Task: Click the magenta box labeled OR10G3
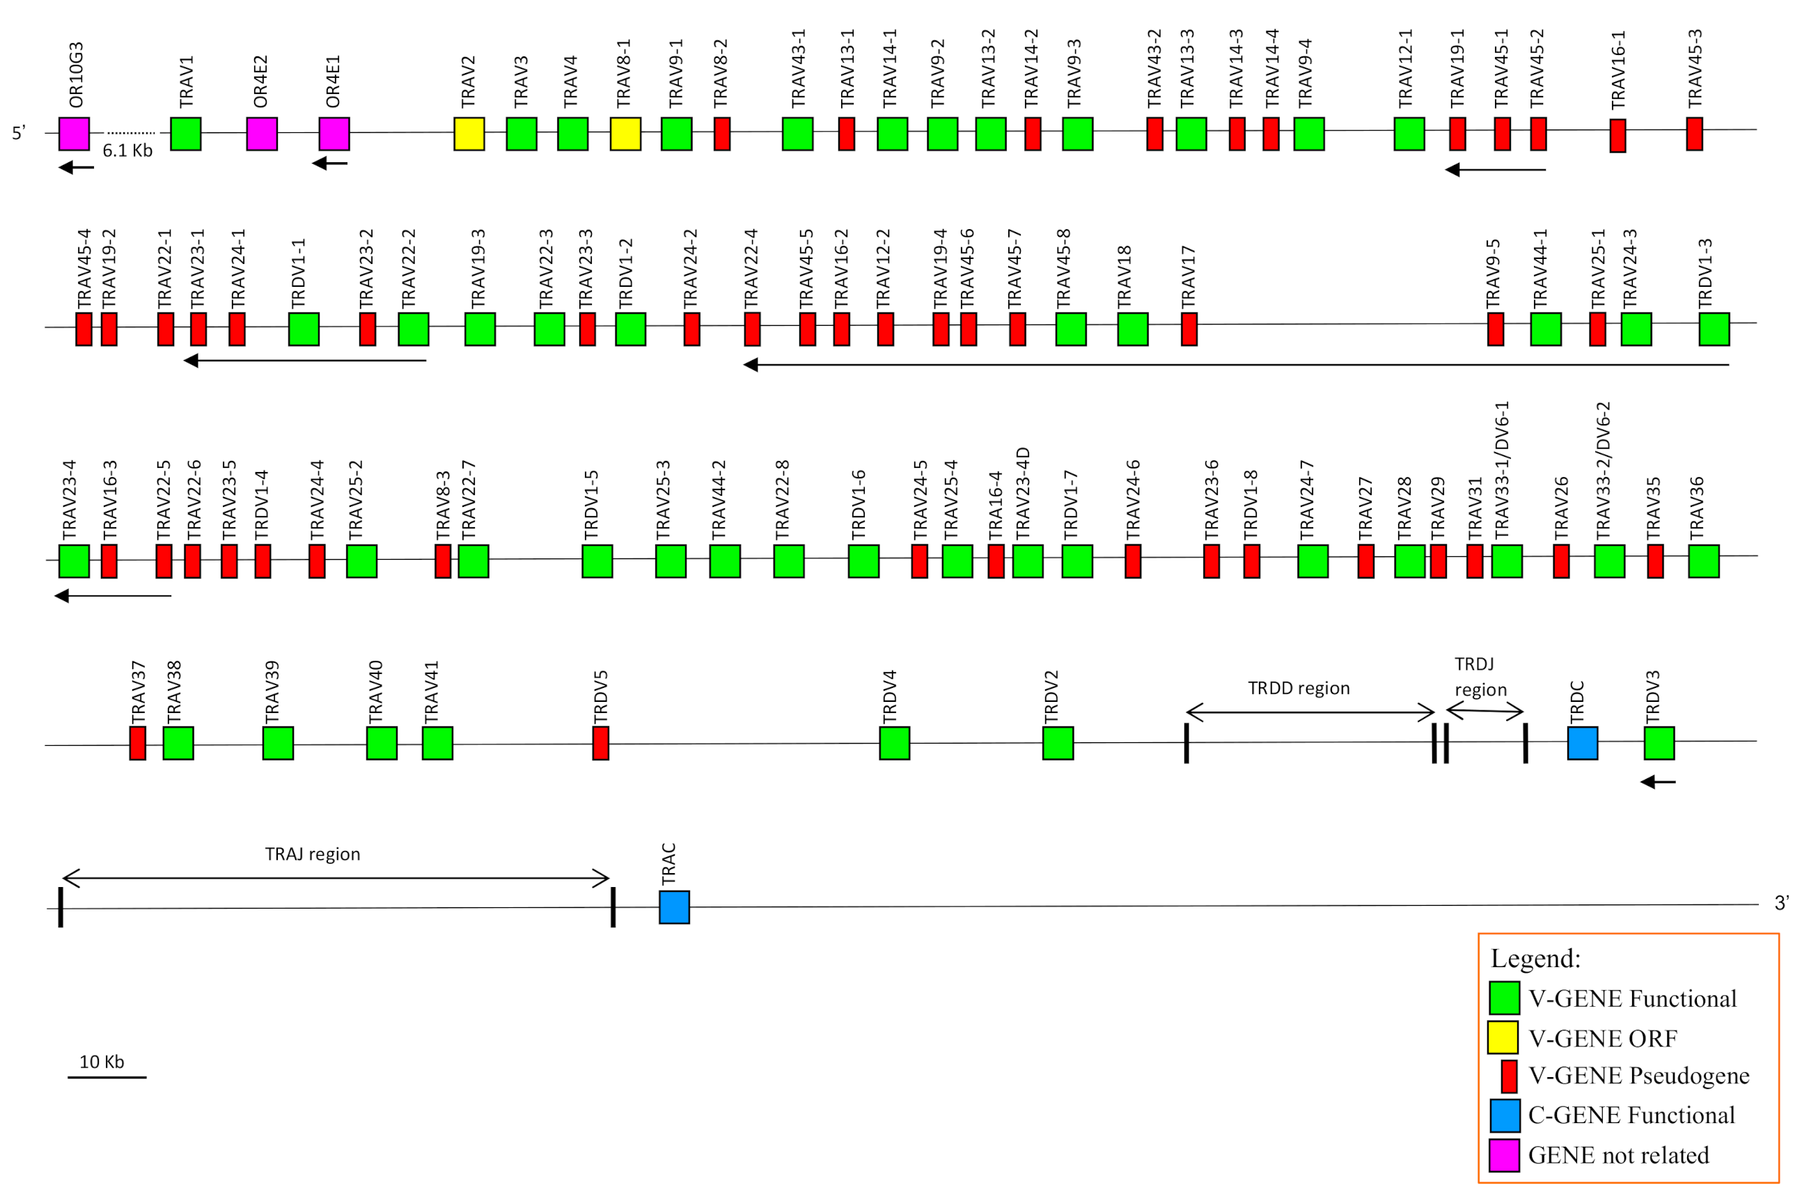pyautogui.click(x=75, y=134)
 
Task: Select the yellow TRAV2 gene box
pyautogui.click(x=469, y=134)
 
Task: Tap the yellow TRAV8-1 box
pyautogui.click(x=625, y=134)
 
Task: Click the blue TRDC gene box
pyautogui.click(x=1582, y=742)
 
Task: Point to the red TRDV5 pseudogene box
pyautogui.click(x=600, y=742)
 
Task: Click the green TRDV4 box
pyautogui.click(x=894, y=742)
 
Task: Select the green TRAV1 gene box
pyautogui.click(x=185, y=134)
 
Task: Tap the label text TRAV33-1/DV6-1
pyautogui.click(x=1502, y=469)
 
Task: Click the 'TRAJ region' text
pyautogui.click(x=312, y=854)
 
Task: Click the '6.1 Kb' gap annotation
pyautogui.click(x=127, y=150)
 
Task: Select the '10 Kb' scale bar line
pyautogui.click(x=107, y=1077)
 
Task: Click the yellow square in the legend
pyautogui.click(x=1503, y=1037)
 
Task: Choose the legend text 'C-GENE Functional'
pyautogui.click(x=1631, y=1115)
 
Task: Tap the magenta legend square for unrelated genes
pyautogui.click(x=1503, y=1154)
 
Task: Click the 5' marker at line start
pyautogui.click(x=18, y=133)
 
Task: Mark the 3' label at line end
pyautogui.click(x=1781, y=903)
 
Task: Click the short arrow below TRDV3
pyautogui.click(x=1658, y=781)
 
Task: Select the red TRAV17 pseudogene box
pyautogui.click(x=1188, y=329)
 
